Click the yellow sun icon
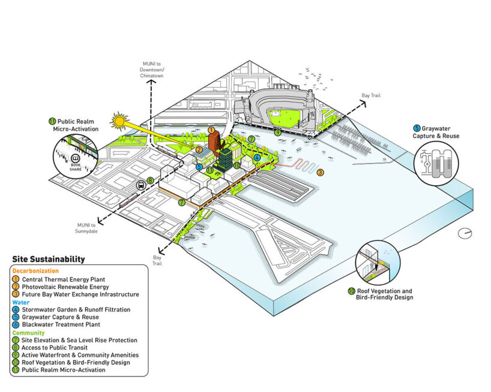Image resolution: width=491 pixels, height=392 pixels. (x=119, y=122)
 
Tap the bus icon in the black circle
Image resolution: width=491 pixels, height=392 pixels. (x=140, y=185)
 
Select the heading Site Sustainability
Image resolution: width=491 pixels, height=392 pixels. (x=49, y=260)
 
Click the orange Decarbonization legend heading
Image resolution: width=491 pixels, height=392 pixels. (x=37, y=271)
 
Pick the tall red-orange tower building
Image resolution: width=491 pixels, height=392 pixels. (x=214, y=143)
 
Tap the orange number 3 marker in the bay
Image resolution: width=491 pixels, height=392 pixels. (x=321, y=173)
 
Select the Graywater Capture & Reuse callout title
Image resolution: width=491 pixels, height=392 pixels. (x=436, y=132)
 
